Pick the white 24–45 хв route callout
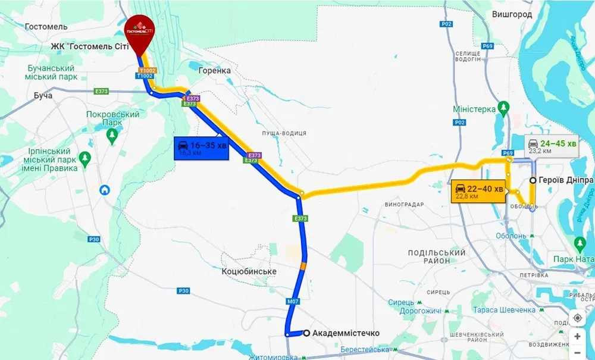tap(552, 147)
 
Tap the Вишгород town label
tap(512, 14)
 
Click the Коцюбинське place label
tap(249, 271)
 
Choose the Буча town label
tap(43, 95)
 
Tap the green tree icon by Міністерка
tap(503, 108)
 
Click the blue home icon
tap(105, 190)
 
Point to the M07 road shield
tap(292, 302)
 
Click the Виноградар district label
tap(404, 204)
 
